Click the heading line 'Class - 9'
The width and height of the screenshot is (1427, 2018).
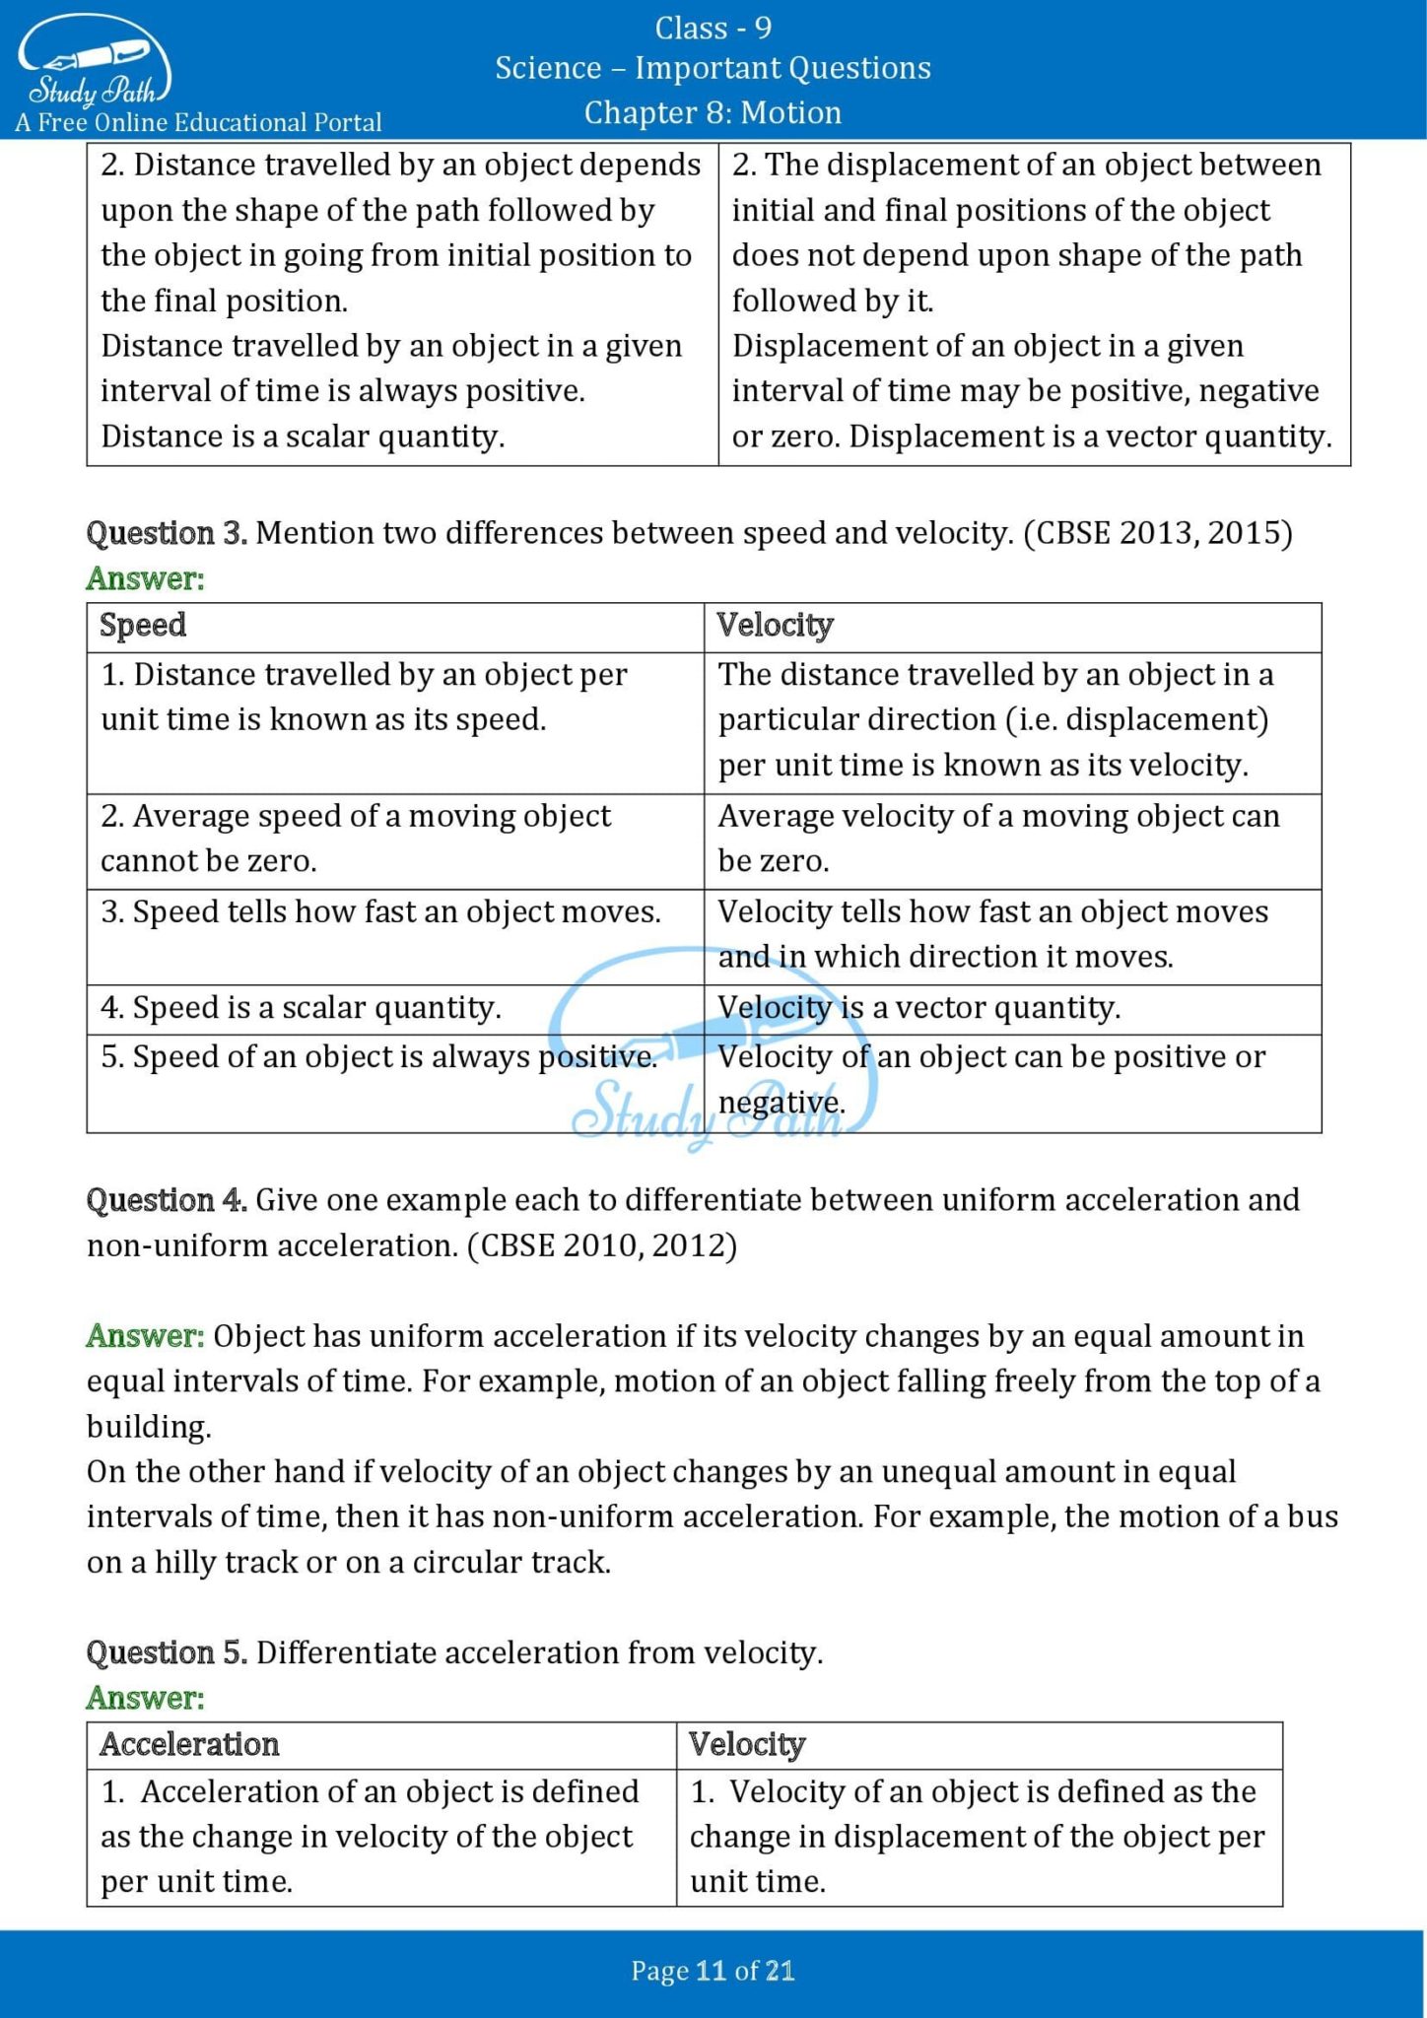tap(713, 29)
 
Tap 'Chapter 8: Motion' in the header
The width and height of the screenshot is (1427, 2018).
tap(713, 112)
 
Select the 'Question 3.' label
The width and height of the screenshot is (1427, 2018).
tap(167, 533)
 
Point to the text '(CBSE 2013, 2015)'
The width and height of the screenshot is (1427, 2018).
tap(1158, 533)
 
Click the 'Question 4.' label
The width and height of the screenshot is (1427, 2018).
tap(167, 1200)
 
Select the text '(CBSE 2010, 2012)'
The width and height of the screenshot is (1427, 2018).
tap(602, 1245)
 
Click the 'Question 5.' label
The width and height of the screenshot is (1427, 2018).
tap(167, 1652)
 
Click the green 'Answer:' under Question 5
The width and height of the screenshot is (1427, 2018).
tap(145, 1698)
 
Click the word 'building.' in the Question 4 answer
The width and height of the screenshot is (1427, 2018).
tap(149, 1427)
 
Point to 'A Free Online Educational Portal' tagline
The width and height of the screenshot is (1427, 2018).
tap(198, 123)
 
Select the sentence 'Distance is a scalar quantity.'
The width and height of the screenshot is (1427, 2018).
tap(303, 437)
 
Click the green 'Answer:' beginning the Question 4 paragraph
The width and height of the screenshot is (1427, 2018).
tap(145, 1336)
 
